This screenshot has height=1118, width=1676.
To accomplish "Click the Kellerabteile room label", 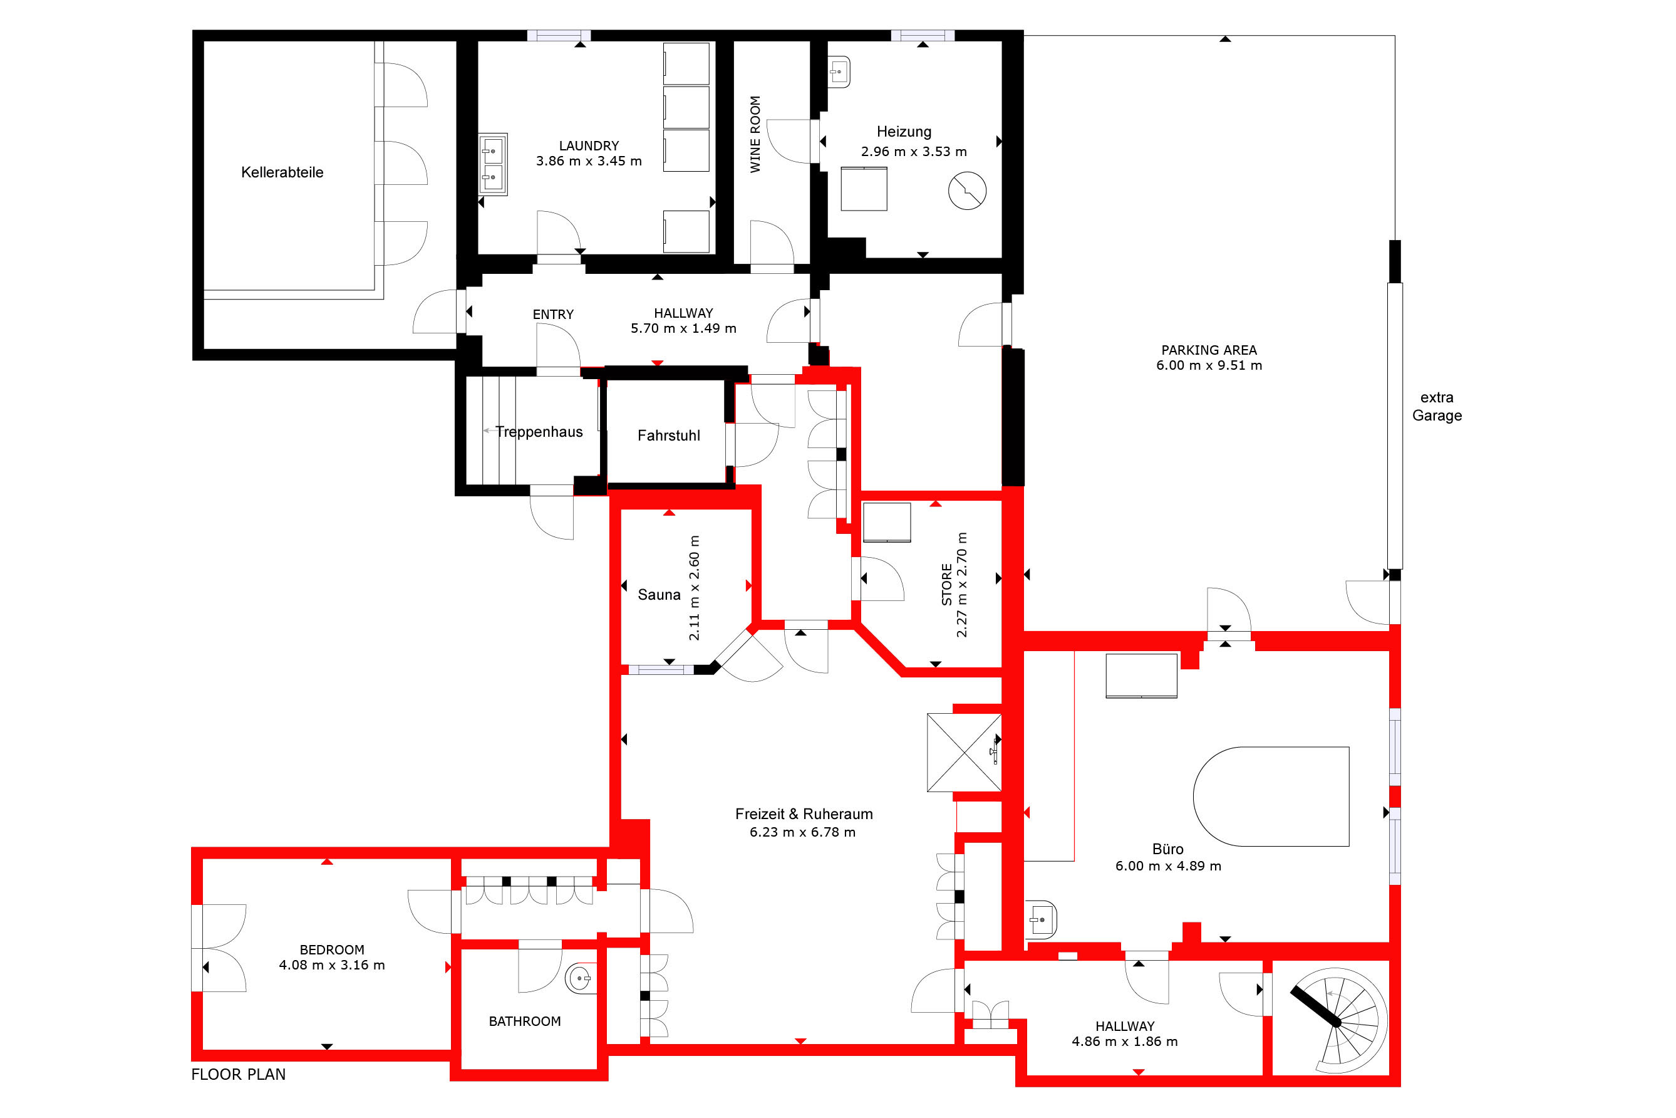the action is [282, 172].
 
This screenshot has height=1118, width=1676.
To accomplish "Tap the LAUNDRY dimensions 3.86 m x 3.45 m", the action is [589, 161].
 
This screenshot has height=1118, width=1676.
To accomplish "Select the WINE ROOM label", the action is [755, 134].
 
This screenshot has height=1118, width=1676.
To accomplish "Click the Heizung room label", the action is [904, 132].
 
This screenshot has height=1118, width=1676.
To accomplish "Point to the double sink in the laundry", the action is [492, 164].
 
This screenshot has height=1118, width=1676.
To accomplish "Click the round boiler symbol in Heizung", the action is [967, 191].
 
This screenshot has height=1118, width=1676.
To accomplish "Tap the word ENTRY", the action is [553, 315].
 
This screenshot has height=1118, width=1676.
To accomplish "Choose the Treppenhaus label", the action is [539, 432].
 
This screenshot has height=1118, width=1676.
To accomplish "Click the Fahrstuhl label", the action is [668, 436].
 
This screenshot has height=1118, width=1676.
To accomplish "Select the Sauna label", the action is [659, 595].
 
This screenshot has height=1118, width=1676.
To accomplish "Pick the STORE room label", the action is [947, 585].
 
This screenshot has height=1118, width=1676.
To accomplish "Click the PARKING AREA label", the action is [1209, 350].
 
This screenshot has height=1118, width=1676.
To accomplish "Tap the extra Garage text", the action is [1437, 407].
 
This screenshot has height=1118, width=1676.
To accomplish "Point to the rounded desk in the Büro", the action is [1271, 797].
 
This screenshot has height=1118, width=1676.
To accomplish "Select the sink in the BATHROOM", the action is [580, 978].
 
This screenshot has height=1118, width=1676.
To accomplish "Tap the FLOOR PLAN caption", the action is [238, 1075].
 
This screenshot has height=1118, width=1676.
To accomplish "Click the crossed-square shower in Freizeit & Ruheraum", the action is [964, 752].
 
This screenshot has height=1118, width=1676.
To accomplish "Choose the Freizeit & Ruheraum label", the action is [804, 814].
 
